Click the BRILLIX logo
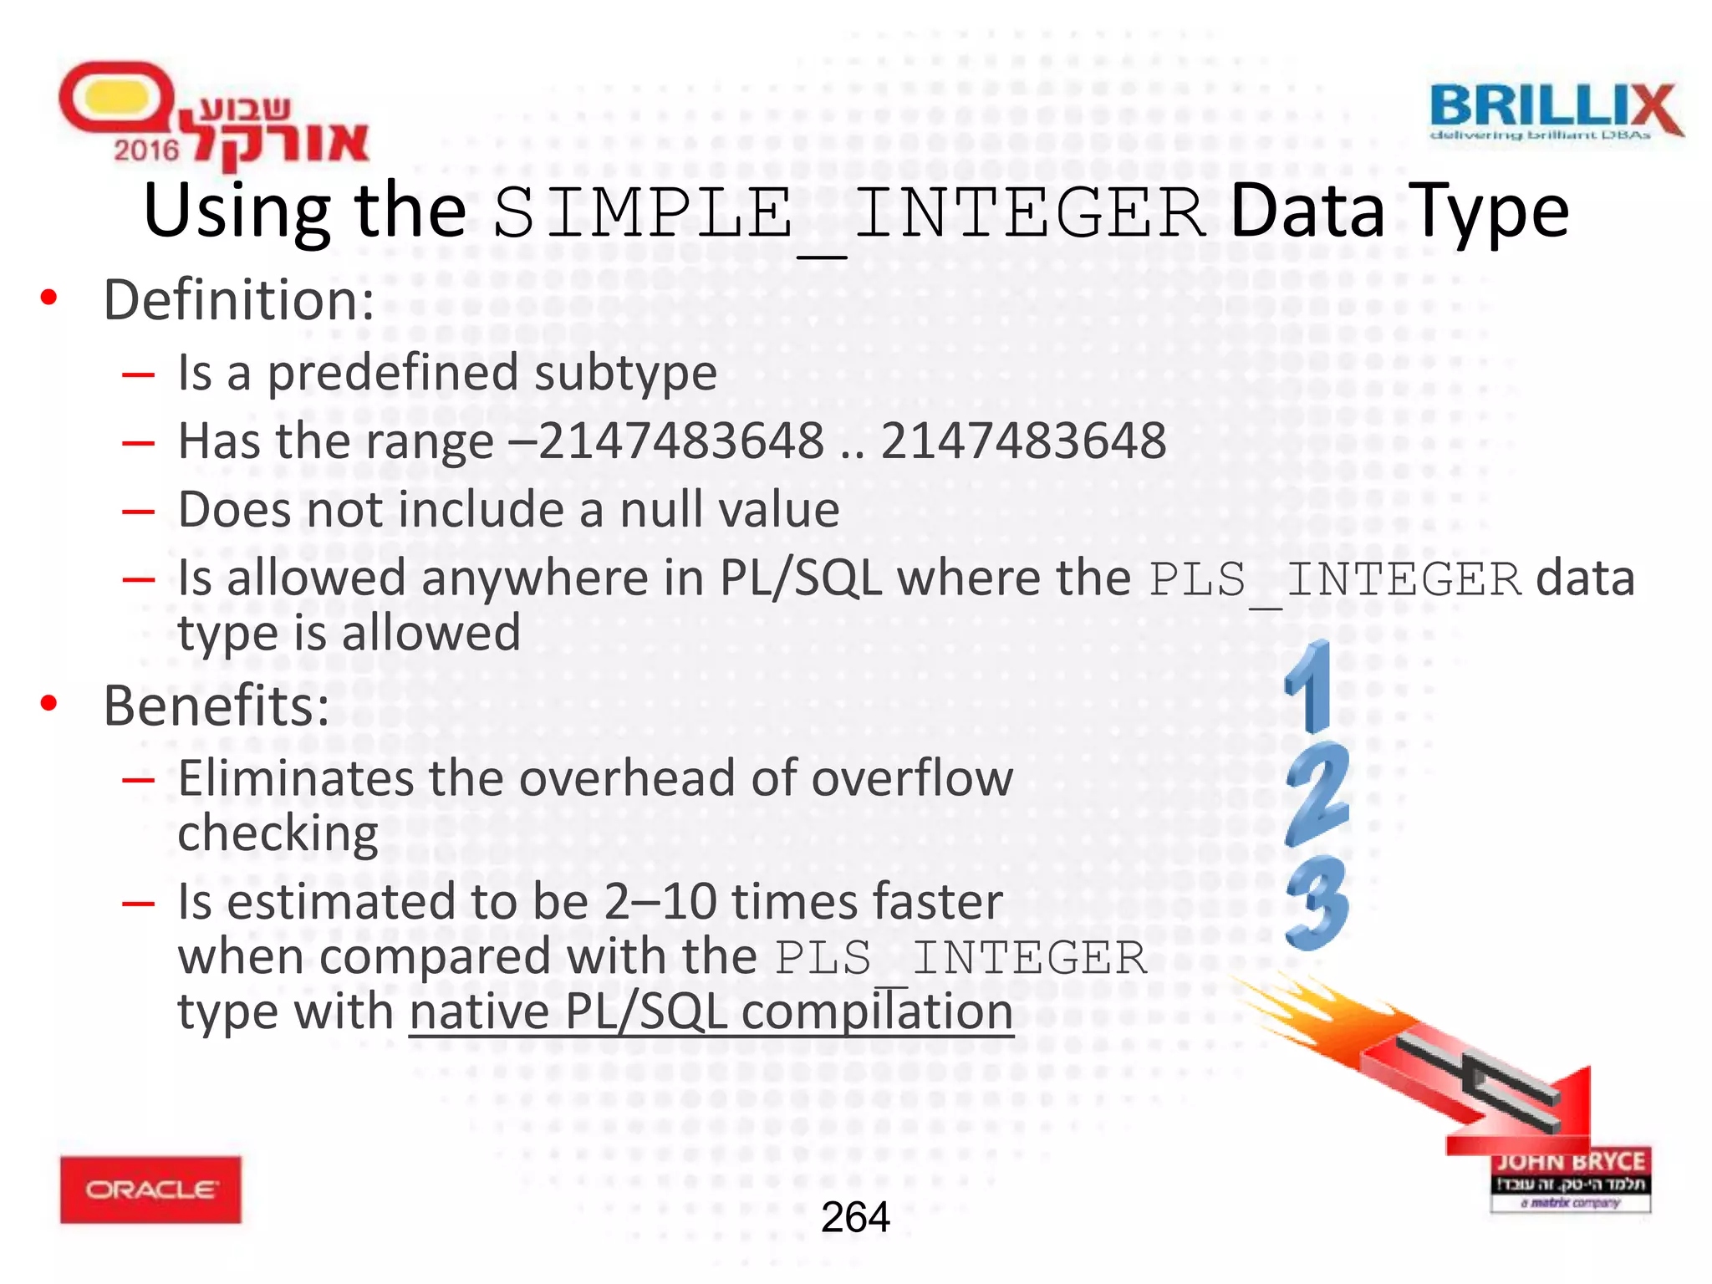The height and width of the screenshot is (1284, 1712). [1555, 111]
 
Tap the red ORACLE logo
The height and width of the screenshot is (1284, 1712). [150, 1190]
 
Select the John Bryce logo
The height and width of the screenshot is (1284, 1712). [1571, 1179]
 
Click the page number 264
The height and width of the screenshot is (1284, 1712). [855, 1217]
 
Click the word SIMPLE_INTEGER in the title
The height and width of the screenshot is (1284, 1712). [848, 213]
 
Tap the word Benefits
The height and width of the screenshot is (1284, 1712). [216, 706]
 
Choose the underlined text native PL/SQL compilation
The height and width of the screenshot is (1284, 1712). [711, 1011]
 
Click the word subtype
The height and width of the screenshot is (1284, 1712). [625, 373]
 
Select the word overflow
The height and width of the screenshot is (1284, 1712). [912, 778]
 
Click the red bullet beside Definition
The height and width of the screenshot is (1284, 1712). [49, 297]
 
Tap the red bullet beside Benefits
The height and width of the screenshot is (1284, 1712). [49, 704]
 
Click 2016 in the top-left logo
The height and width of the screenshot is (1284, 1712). [146, 150]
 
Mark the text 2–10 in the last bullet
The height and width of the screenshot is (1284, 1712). [660, 901]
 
